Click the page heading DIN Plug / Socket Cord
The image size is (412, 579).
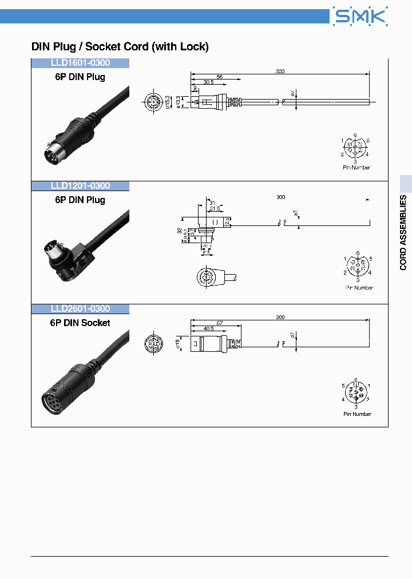(120, 47)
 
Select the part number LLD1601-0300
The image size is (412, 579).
(80, 63)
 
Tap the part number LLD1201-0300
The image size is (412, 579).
(80, 186)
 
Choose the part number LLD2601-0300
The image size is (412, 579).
(80, 309)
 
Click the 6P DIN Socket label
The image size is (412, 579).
(80, 323)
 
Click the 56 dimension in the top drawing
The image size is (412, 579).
(219, 77)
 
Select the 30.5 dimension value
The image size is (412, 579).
(208, 82)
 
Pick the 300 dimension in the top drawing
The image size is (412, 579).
(280, 72)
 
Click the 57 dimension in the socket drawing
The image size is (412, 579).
(221, 323)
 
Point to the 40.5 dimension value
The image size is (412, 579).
(208, 328)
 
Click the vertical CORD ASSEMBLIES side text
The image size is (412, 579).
(403, 233)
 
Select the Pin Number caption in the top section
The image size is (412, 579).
(356, 168)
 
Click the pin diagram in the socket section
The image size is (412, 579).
(356, 393)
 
